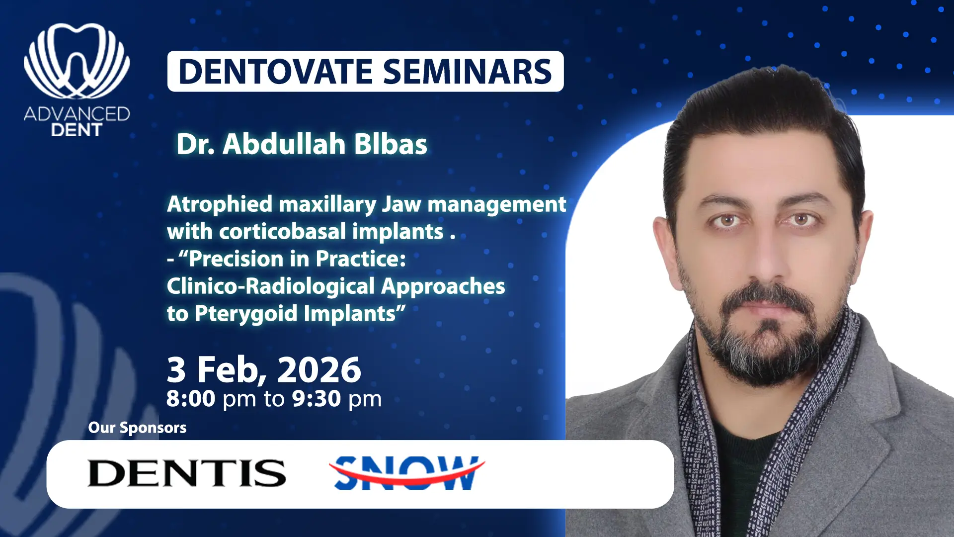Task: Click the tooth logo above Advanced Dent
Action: pos(77,61)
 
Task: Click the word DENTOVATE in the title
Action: pos(275,72)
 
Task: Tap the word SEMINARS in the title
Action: pos(468,72)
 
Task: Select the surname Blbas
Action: pos(391,144)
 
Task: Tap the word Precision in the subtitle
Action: pos(243,259)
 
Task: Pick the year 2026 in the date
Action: pos(319,370)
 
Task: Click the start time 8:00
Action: pos(191,399)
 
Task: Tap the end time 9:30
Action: pos(317,399)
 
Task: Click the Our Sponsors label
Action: pos(137,428)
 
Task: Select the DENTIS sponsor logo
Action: pos(187,473)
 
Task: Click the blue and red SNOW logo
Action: pos(407,473)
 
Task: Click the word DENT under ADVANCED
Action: pos(77,130)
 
